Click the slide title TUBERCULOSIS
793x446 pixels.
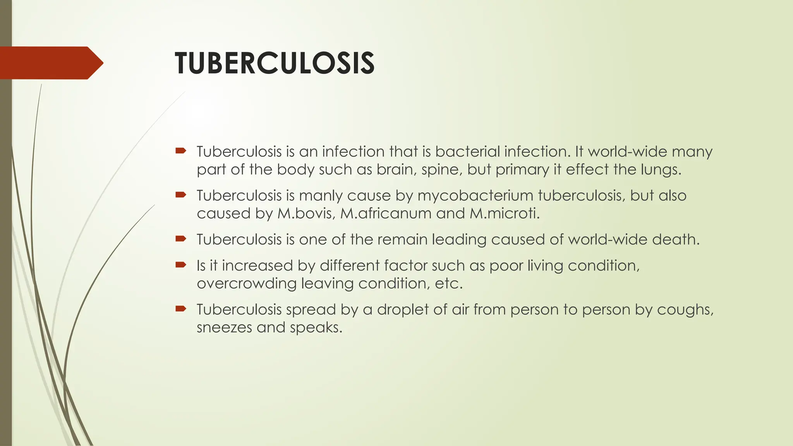point(274,63)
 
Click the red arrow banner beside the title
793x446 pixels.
point(50,63)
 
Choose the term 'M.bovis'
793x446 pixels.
point(306,213)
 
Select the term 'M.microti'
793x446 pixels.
point(504,213)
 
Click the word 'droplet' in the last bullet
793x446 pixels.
point(402,309)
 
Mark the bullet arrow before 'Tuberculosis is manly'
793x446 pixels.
point(181,195)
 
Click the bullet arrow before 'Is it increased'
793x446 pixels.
point(181,265)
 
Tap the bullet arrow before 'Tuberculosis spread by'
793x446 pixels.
point(181,309)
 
